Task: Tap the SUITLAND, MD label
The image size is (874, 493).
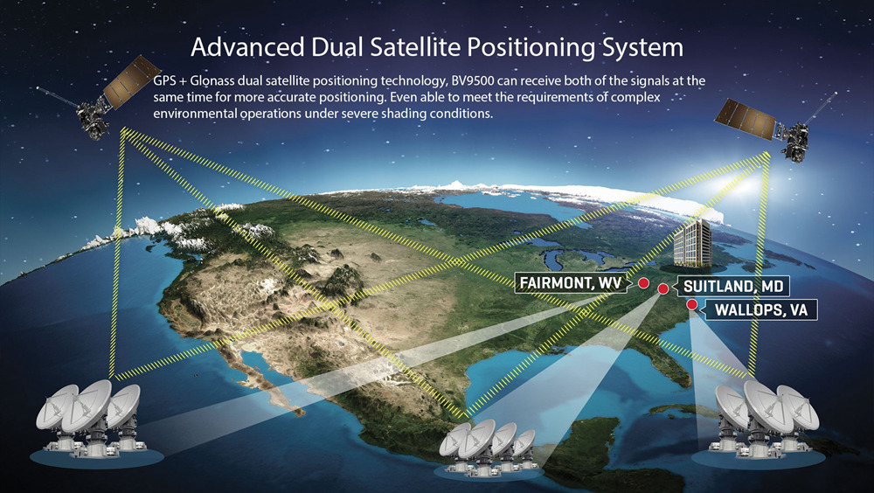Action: coord(733,287)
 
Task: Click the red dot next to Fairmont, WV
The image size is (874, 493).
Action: coord(643,282)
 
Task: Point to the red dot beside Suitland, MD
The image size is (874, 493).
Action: coord(663,288)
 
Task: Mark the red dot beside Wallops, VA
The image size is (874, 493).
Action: coord(691,304)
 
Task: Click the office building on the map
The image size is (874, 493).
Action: coord(693,244)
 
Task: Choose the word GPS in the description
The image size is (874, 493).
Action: coord(164,81)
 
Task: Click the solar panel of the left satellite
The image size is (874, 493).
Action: coord(132,81)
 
